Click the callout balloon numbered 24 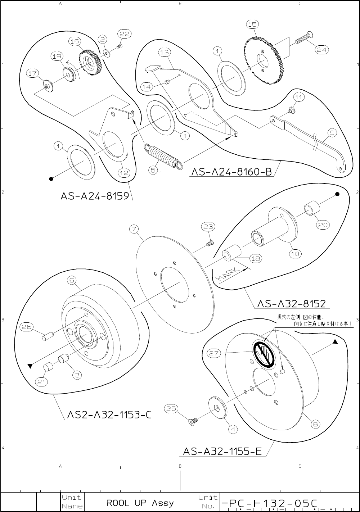[321, 50]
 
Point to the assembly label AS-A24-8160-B [232, 172]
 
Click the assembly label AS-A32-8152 [292, 304]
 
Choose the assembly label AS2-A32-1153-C [109, 415]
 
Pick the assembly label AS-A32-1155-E [222, 451]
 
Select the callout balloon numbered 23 [208, 226]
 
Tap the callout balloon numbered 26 [26, 327]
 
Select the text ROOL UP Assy [140, 503]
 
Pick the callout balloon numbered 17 [32, 73]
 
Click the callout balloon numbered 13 [164, 52]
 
